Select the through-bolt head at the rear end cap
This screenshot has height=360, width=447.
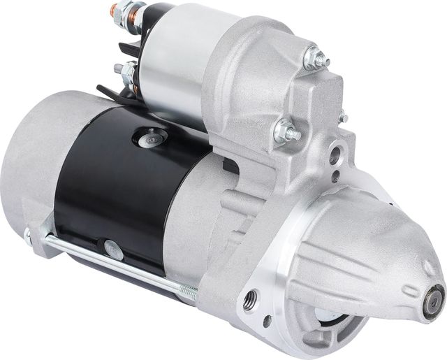pyautogui.click(x=29, y=236)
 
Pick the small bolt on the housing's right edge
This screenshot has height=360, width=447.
pyautogui.click(x=343, y=117)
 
